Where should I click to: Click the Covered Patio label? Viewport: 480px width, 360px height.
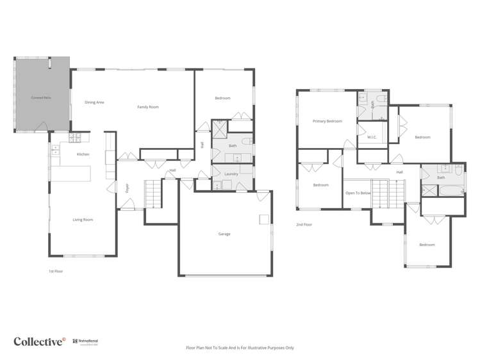42,97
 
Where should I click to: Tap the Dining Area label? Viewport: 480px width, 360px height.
94,102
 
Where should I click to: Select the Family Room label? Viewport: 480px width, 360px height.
148,107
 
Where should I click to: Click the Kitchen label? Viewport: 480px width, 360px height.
83,154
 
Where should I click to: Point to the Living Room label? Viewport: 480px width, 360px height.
83,220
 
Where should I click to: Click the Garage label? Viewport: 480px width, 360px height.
224,234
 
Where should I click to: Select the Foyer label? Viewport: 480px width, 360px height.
128,188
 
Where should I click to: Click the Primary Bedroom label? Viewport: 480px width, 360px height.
327,121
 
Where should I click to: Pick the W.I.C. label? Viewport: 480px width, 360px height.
371,137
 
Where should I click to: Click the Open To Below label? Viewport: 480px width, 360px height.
358,193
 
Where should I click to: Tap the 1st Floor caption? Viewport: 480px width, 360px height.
56,271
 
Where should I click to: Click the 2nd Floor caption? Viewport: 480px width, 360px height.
304,225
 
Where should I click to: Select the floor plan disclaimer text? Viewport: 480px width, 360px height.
240,348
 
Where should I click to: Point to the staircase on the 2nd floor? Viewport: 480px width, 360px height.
381,193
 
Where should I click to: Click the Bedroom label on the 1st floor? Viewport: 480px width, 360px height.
222,98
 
